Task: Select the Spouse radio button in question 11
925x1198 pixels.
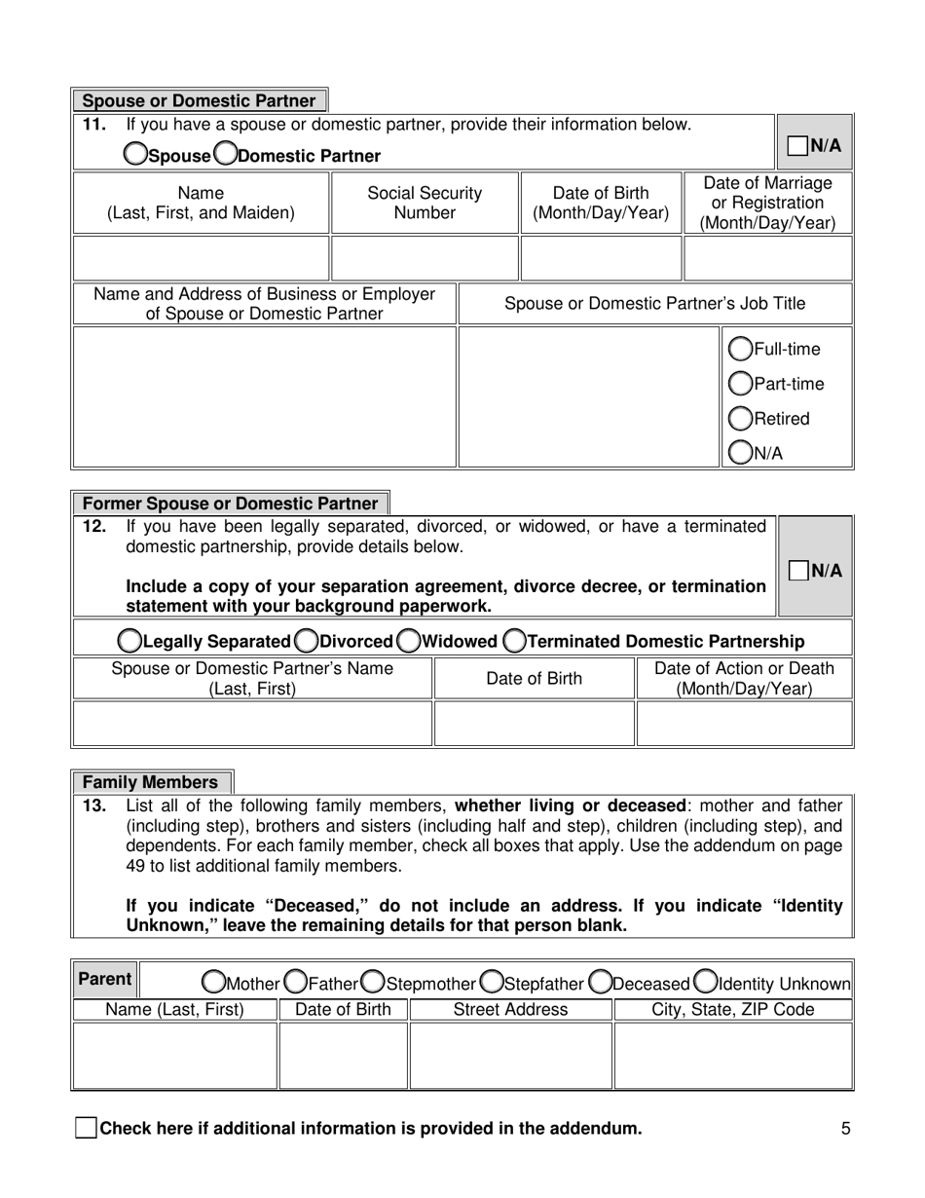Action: click(x=135, y=154)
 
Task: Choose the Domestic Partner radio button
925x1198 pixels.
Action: click(x=224, y=154)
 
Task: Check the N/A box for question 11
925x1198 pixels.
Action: click(x=797, y=146)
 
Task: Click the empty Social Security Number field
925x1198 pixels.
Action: click(x=425, y=257)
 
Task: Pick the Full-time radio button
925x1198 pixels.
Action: click(x=741, y=349)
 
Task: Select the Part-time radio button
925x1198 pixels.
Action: click(x=741, y=384)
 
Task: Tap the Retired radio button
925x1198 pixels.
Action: click(x=741, y=419)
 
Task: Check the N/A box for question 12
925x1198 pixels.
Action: click(x=797, y=570)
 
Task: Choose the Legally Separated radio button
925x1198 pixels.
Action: click(x=129, y=641)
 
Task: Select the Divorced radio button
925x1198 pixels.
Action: click(x=306, y=641)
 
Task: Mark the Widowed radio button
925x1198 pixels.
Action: click(x=409, y=641)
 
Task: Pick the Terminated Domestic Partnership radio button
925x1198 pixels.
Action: click(x=514, y=641)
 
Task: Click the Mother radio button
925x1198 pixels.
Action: click(x=212, y=981)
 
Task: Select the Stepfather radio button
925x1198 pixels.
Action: click(x=492, y=981)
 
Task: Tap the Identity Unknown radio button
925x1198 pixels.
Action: click(x=706, y=981)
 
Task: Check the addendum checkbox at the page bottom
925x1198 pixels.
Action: click(x=86, y=1129)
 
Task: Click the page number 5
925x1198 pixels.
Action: click(x=845, y=1129)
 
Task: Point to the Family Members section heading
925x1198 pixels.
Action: click(x=151, y=782)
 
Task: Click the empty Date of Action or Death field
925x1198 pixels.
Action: click(x=744, y=724)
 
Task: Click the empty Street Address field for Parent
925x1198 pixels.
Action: click(x=510, y=1055)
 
